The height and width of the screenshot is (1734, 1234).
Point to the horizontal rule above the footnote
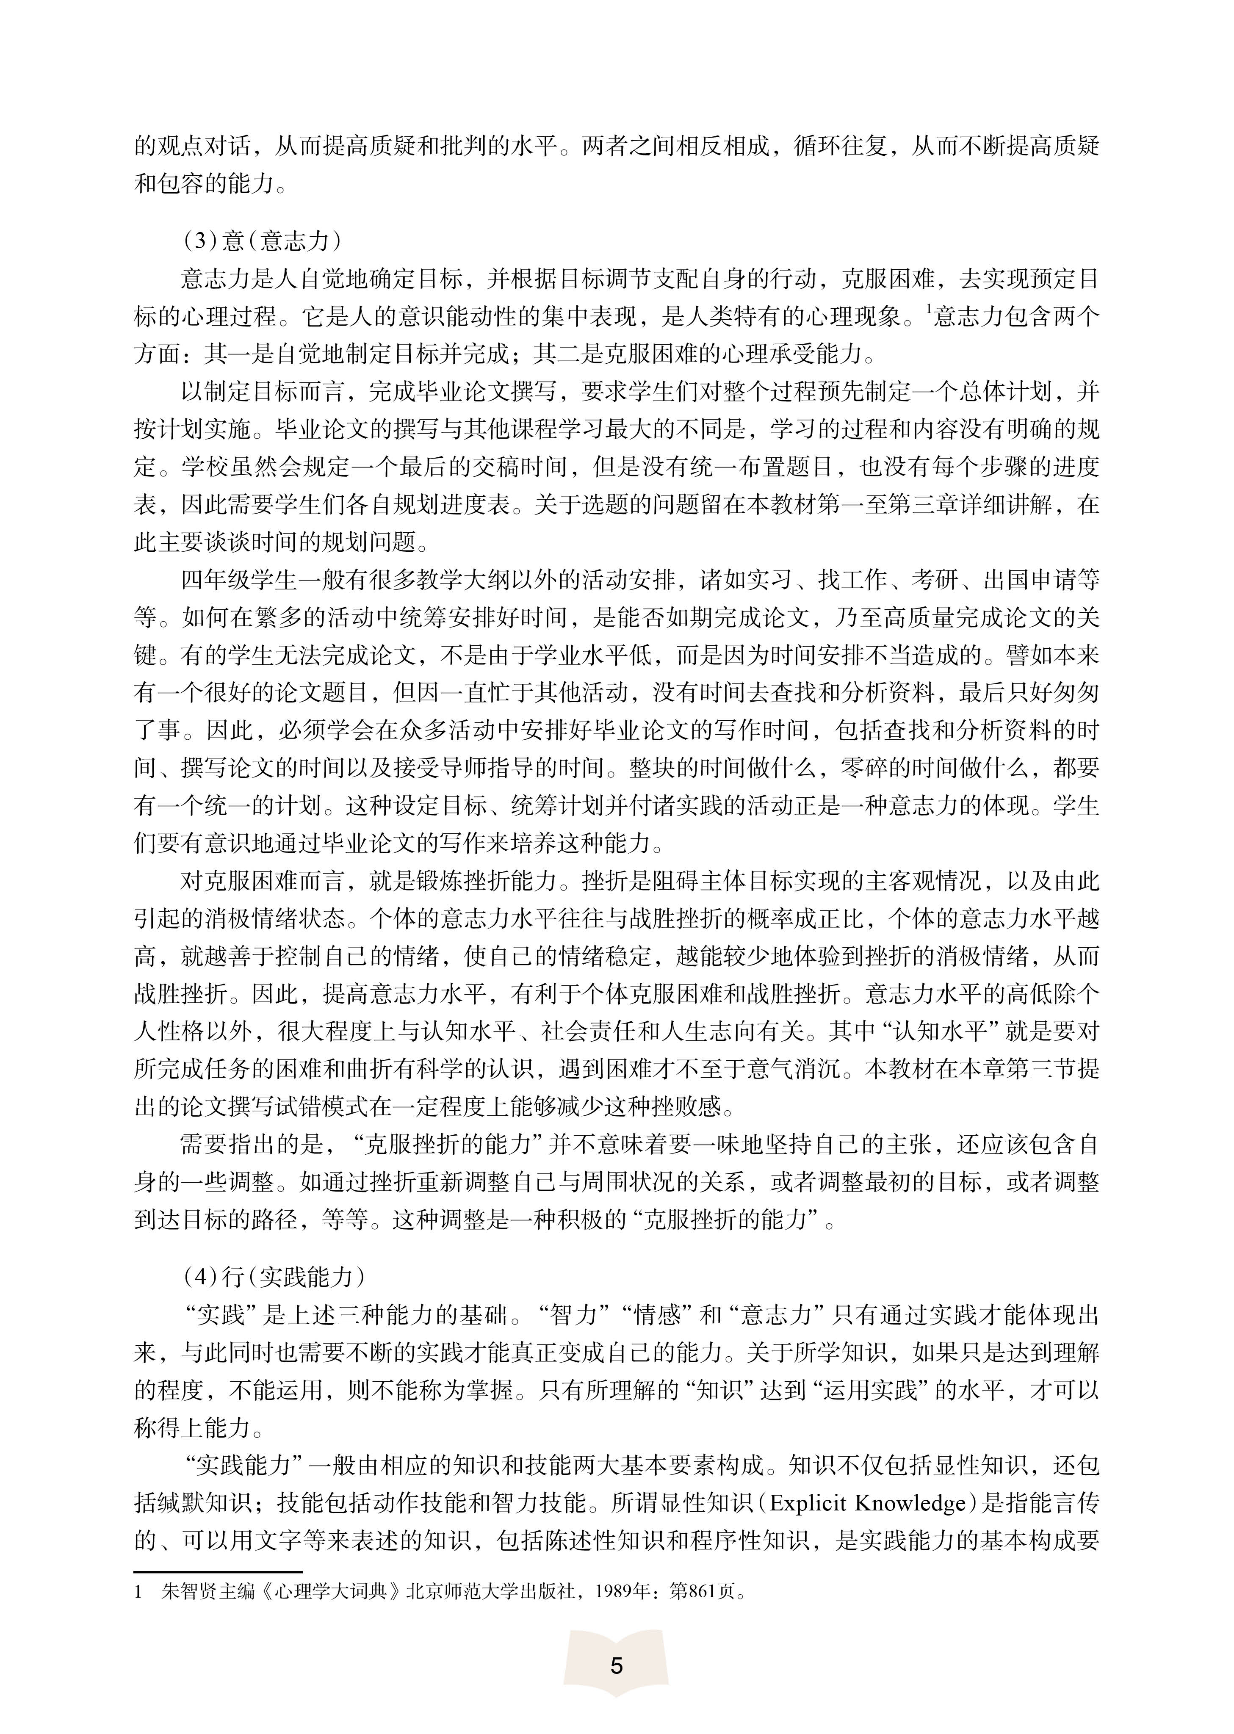coord(218,1572)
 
